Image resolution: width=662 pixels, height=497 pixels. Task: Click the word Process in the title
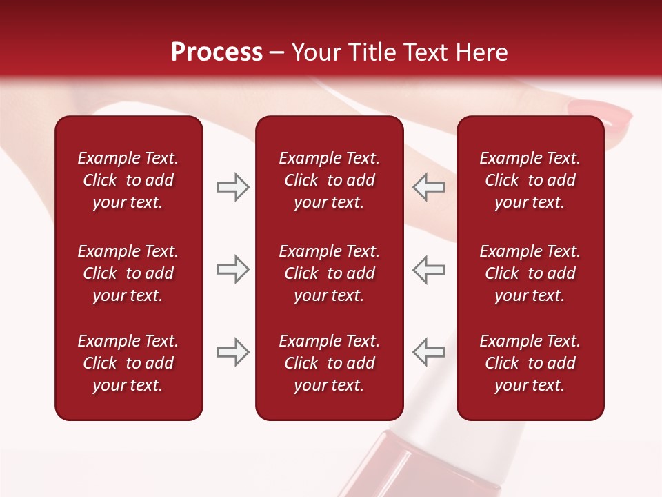(x=217, y=52)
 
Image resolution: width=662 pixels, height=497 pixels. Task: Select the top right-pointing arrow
(x=232, y=187)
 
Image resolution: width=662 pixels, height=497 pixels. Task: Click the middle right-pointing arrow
(x=232, y=269)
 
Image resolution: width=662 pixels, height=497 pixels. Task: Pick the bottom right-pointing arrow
(x=232, y=352)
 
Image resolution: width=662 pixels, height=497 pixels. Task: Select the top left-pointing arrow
(x=428, y=187)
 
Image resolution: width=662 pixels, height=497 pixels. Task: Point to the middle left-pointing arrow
(x=428, y=269)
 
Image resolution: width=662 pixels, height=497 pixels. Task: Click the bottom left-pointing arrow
(x=428, y=352)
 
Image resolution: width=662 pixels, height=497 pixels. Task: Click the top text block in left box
(x=128, y=180)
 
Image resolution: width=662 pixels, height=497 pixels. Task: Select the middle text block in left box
(x=128, y=273)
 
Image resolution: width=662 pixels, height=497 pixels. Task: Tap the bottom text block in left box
(x=128, y=363)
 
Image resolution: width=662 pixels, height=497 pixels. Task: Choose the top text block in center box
(x=329, y=180)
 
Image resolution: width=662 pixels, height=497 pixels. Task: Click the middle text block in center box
(x=329, y=273)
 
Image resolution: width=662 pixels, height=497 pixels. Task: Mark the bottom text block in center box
(x=329, y=363)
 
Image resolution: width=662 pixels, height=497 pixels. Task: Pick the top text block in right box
(x=530, y=180)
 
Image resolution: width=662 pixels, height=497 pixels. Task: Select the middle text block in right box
(x=530, y=273)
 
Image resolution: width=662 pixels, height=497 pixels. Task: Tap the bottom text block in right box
(x=530, y=363)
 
